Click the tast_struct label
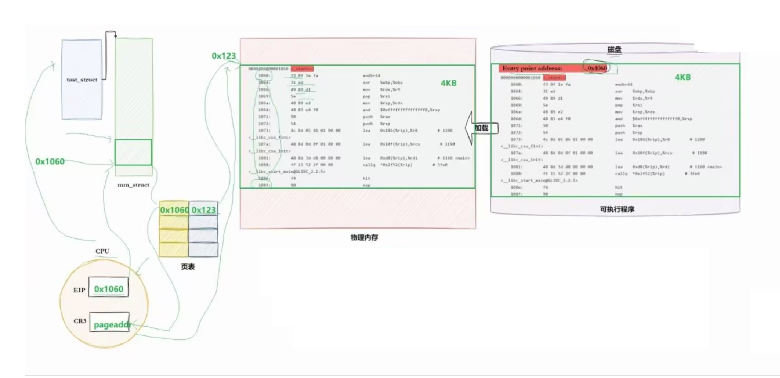(x=82, y=79)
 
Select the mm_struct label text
(x=133, y=185)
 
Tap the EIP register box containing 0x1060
(x=109, y=289)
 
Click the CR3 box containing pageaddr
(x=110, y=324)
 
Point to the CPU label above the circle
(x=102, y=251)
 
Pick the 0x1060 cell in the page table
(x=174, y=210)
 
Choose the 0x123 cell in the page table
(x=203, y=210)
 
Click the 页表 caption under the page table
(x=188, y=266)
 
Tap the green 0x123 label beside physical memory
(x=224, y=56)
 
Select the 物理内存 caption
(x=364, y=237)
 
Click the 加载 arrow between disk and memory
(x=481, y=128)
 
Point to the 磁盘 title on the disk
(x=614, y=49)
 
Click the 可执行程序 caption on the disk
(x=617, y=209)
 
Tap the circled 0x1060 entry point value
(x=597, y=68)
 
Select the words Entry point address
(x=532, y=68)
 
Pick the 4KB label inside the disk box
(x=682, y=77)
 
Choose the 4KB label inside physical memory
(x=449, y=83)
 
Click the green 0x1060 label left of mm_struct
(x=50, y=161)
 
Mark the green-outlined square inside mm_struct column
(x=133, y=152)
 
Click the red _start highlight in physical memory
(x=302, y=69)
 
